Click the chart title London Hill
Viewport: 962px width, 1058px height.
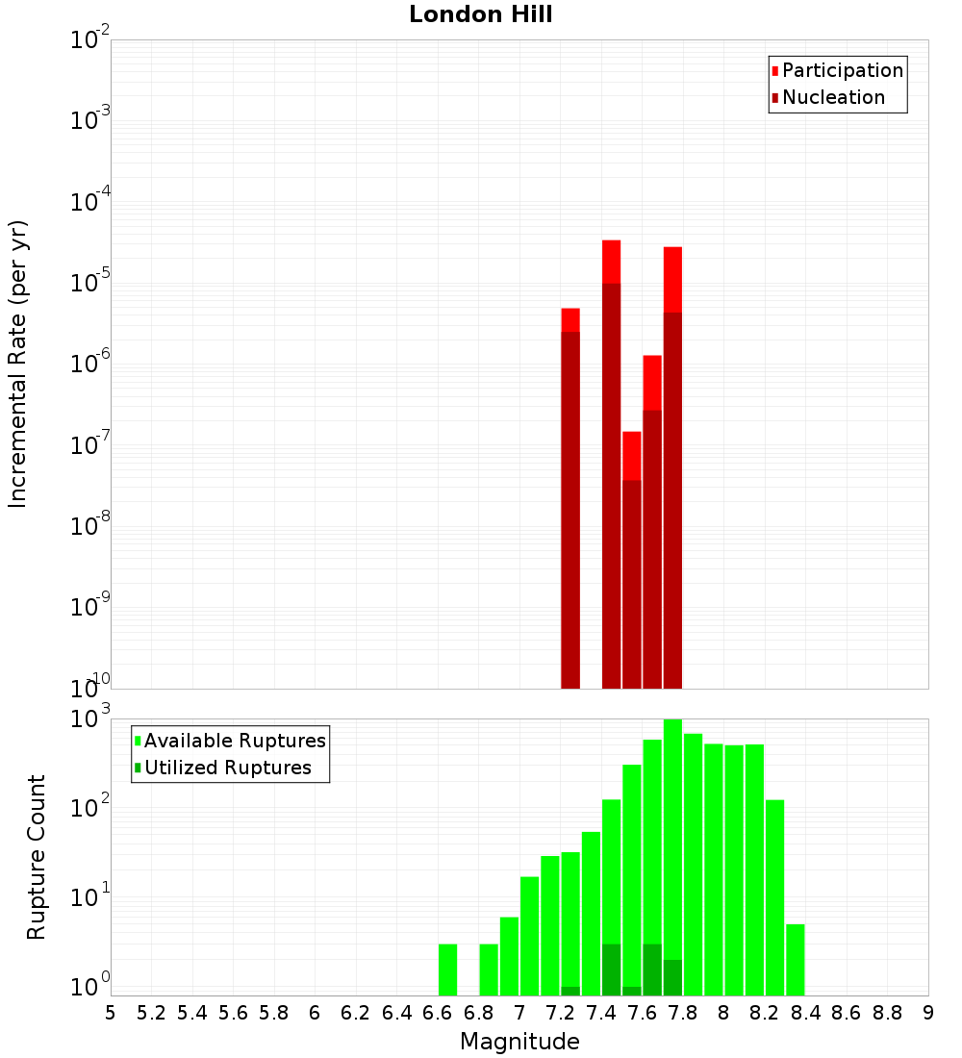coord(480,14)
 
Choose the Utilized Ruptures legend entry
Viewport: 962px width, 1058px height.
coord(227,768)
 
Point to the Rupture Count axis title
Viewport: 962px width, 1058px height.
coord(37,856)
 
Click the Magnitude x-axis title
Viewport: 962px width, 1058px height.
coord(519,1041)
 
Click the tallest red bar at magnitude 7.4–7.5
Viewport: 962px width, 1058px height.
coord(611,462)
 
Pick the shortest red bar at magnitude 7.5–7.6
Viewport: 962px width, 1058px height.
coord(631,558)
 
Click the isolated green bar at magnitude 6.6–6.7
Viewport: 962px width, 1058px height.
coord(447,970)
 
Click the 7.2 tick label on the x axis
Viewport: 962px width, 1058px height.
coord(560,1012)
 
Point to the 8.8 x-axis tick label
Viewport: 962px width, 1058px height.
coord(887,1012)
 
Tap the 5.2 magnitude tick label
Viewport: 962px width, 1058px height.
coord(151,1012)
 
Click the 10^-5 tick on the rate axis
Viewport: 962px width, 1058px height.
coord(90,284)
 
